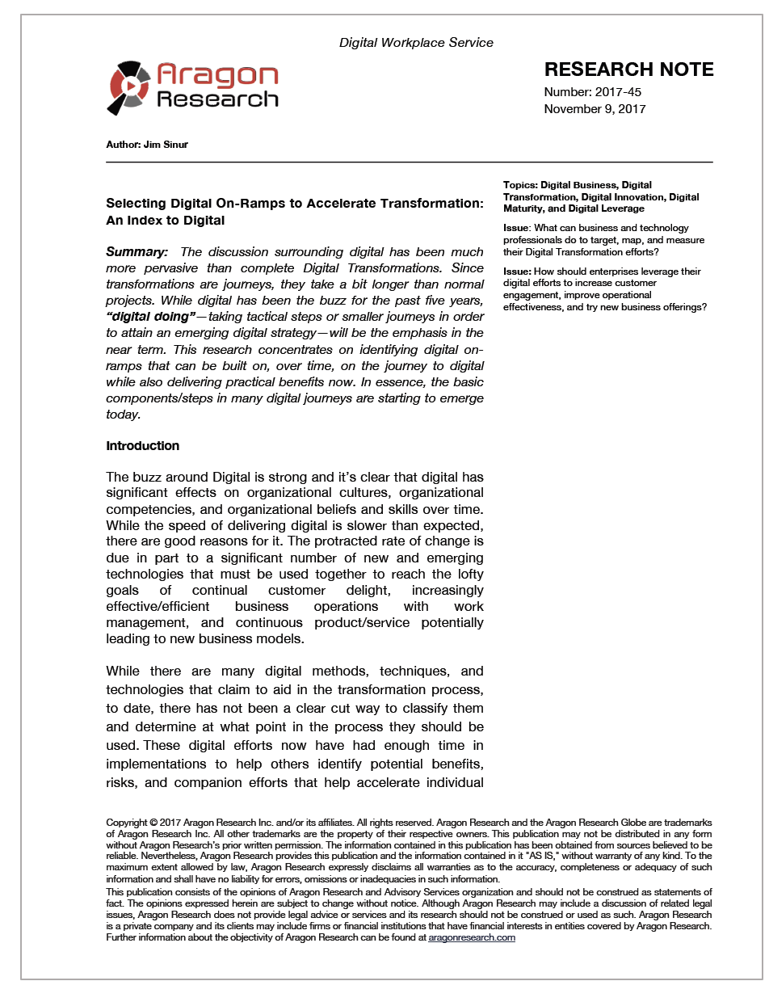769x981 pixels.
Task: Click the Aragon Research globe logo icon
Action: tap(128, 86)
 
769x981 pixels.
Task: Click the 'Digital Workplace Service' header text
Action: tap(416, 42)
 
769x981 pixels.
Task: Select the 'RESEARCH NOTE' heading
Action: tap(628, 69)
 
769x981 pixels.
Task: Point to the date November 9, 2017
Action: tap(595, 109)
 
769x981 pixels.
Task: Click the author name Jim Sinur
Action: tap(165, 145)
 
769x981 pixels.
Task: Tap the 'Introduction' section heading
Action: tap(142, 446)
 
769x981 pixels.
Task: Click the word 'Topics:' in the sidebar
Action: tap(520, 185)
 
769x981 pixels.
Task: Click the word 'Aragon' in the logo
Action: tap(217, 75)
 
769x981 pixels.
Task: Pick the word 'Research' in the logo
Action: tap(217, 99)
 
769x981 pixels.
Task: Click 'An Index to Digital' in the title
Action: tap(165, 220)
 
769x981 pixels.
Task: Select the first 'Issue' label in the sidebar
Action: tap(516, 229)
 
